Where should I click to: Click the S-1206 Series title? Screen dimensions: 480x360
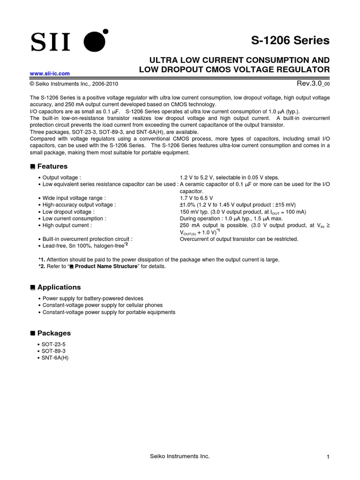click(294, 41)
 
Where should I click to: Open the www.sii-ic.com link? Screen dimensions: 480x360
click(50, 74)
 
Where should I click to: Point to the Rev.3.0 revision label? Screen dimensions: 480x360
click(313, 83)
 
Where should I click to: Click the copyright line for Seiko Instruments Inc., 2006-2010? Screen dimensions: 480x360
click(74, 84)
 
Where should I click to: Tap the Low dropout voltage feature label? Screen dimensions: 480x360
click(68, 212)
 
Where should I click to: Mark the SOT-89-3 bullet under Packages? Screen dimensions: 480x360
click(54, 351)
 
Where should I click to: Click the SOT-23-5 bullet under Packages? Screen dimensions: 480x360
click(54, 344)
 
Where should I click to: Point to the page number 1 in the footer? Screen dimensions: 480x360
click(329, 457)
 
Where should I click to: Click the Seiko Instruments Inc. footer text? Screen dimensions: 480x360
click(180, 457)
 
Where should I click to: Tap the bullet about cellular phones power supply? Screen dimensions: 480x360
click(102, 305)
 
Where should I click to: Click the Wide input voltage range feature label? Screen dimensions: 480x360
click(74, 198)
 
